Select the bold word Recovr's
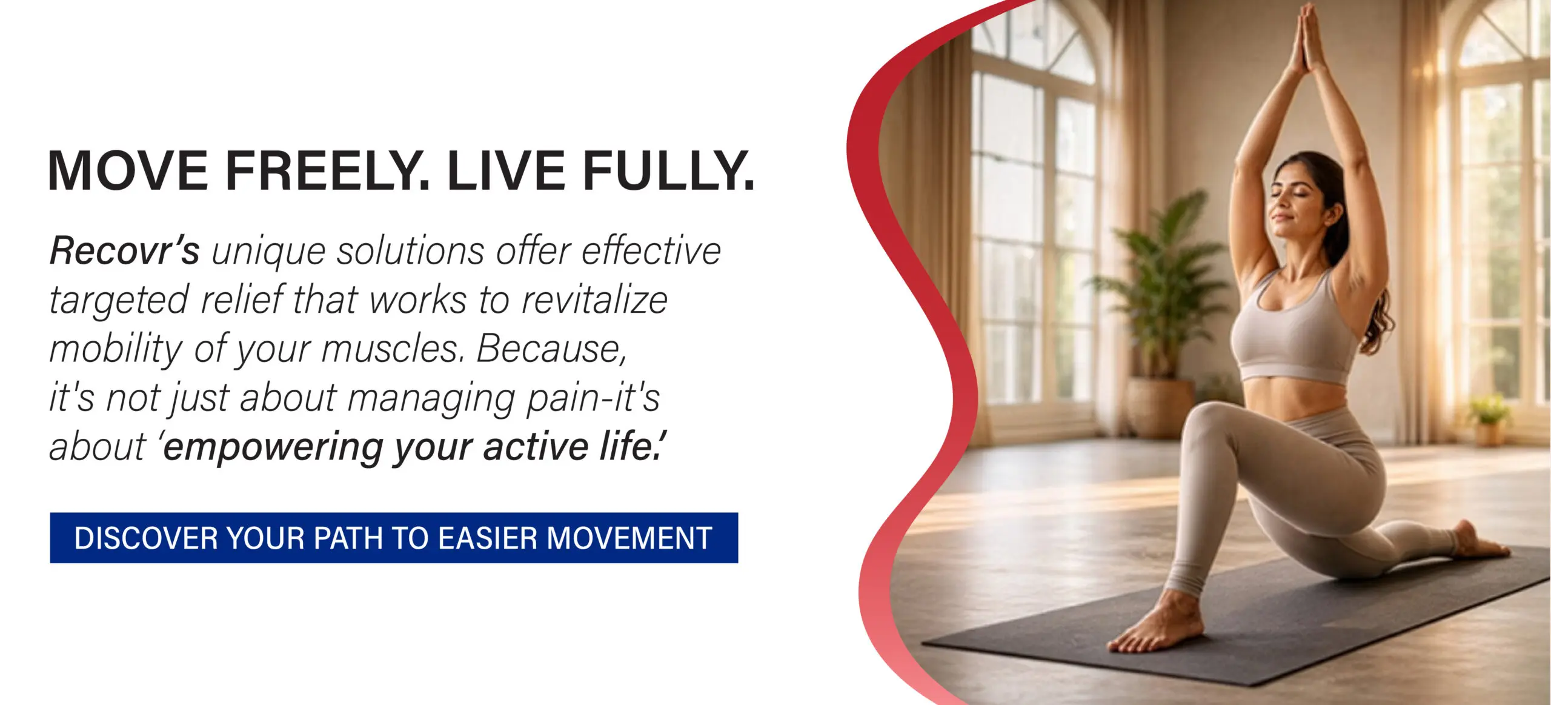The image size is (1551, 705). [124, 250]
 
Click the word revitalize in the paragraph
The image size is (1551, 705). [594, 299]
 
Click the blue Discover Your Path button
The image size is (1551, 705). [394, 538]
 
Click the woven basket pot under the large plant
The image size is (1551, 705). [1154, 406]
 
